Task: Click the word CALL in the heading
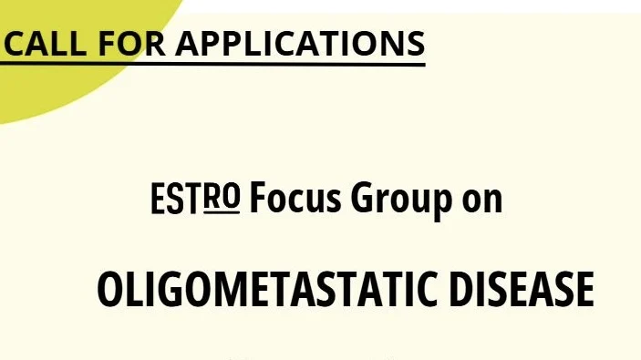click(x=39, y=42)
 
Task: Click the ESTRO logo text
click(x=195, y=200)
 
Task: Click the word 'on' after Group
click(x=481, y=201)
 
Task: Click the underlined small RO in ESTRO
click(x=222, y=196)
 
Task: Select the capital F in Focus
click(x=257, y=200)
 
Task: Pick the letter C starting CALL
click(x=15, y=42)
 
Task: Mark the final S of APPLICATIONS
click(x=415, y=42)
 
